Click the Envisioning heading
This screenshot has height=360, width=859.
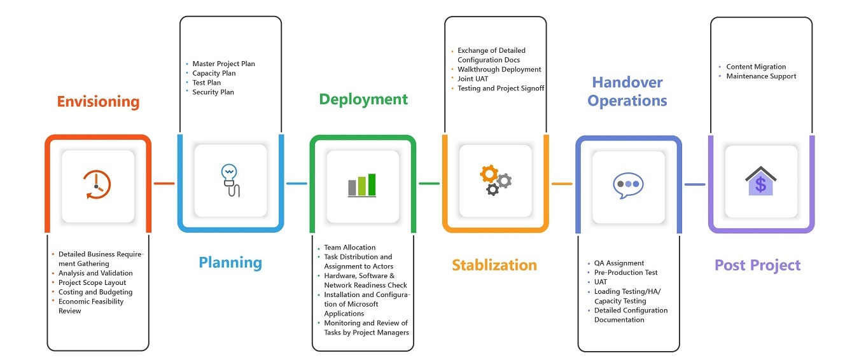98,102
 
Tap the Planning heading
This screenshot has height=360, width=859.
230,263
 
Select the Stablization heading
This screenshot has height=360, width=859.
494,265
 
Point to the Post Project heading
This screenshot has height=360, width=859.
758,265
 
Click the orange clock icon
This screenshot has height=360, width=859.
97,185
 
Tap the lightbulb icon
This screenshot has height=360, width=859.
230,181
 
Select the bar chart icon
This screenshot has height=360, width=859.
362,186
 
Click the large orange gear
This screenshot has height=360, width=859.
489,174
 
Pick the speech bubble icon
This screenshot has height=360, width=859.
628,186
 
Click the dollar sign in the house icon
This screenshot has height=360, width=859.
761,185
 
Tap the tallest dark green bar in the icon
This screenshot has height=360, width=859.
372,184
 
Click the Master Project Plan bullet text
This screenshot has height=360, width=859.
223,64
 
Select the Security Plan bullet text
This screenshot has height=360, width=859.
213,92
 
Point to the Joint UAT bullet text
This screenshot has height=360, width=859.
473,79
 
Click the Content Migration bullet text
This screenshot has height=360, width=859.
756,67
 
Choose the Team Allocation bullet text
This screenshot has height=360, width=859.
350,247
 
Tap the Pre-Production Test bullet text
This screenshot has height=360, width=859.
626,273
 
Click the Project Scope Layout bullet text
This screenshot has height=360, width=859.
92,282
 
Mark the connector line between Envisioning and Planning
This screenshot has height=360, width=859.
164,184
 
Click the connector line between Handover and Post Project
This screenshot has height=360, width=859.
695,184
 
